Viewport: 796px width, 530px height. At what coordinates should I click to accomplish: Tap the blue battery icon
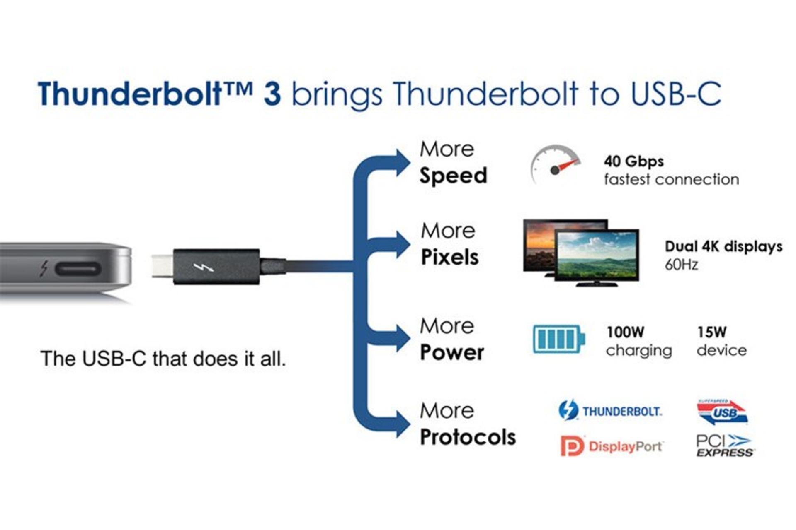coord(558,339)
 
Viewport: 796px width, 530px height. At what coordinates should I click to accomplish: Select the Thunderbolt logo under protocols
coord(610,410)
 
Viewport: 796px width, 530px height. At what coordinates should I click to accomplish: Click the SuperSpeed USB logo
coord(722,412)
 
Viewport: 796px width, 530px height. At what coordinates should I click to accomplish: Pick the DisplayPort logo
coord(612,446)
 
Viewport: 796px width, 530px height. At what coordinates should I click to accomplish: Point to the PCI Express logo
coord(725,446)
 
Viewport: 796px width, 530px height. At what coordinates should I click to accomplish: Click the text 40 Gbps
coord(633,161)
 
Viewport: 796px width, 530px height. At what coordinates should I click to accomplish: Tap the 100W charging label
coord(639,341)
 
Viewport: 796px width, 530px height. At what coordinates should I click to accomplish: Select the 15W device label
coord(722,341)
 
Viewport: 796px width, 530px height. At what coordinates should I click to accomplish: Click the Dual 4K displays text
coord(723,246)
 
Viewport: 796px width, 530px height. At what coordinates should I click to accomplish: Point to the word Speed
coord(453,176)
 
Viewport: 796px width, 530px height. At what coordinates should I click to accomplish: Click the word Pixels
coord(450,257)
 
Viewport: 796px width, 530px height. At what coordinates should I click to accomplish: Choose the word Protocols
coord(468,437)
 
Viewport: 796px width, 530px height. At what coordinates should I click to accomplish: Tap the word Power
coord(452,352)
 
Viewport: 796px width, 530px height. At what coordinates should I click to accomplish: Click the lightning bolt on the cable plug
coord(204,267)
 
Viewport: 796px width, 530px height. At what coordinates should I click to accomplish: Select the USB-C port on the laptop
coord(78,269)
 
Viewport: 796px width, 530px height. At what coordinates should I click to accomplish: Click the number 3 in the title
coord(272,94)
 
